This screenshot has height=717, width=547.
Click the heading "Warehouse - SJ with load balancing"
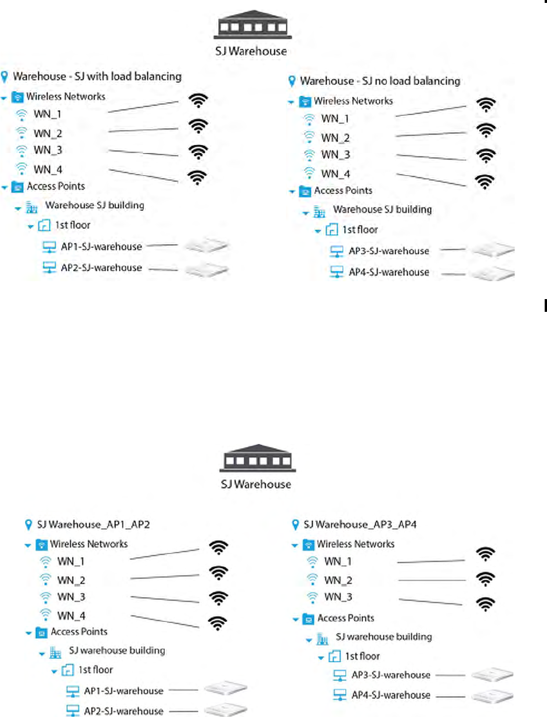tap(97, 76)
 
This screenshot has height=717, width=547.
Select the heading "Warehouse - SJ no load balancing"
tap(380, 81)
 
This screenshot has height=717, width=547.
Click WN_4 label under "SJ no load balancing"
tap(335, 173)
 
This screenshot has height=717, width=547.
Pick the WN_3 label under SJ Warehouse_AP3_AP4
tap(338, 597)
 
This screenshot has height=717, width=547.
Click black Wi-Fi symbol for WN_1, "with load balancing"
tap(198, 101)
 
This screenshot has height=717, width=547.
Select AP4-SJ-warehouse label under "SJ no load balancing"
tap(389, 272)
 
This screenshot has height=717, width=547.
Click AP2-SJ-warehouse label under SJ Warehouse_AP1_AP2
tap(124, 711)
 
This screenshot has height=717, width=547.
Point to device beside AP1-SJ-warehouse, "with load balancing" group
tap(207, 247)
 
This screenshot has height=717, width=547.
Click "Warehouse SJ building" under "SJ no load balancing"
tap(382, 209)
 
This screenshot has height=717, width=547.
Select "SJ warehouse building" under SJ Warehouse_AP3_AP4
tap(384, 636)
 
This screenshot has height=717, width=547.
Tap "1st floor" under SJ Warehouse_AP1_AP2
tap(96, 670)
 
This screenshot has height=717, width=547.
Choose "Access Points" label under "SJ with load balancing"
tap(56, 187)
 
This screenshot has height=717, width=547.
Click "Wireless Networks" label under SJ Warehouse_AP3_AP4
tap(355, 544)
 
